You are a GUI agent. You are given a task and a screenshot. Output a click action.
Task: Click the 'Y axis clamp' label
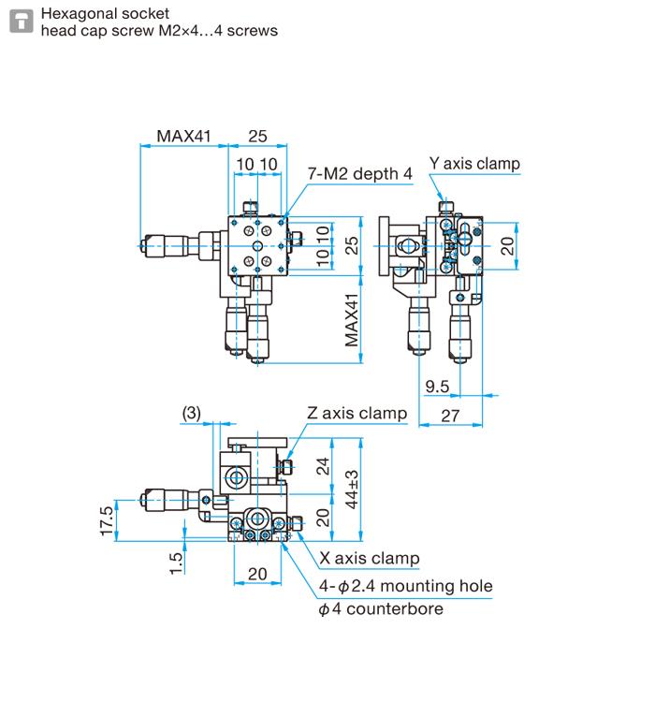474,164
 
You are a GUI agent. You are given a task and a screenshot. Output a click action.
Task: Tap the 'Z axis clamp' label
357,413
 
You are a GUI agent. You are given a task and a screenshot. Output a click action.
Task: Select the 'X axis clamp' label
370,559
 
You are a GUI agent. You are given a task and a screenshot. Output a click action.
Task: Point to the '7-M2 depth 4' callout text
360,173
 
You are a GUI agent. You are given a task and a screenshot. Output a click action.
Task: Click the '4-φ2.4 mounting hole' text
405,587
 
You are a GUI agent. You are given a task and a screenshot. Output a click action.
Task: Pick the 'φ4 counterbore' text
381,609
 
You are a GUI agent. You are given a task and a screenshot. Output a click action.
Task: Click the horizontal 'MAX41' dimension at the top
184,136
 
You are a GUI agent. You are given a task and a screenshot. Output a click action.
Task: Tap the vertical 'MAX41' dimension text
352,320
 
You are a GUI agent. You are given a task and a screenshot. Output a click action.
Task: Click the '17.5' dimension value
107,522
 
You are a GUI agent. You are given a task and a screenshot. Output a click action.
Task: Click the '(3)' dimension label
191,413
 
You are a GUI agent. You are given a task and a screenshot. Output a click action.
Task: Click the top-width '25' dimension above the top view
257,136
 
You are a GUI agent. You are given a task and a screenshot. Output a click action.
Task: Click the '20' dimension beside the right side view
506,245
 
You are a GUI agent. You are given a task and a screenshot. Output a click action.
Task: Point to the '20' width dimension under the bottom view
257,573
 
